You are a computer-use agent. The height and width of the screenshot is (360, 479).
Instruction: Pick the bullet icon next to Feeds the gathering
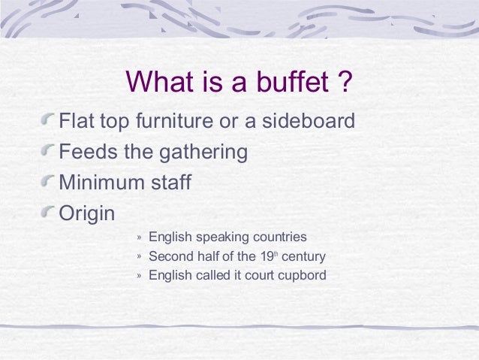click(x=50, y=150)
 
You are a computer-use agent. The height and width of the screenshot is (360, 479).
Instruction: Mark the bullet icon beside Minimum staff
click(x=50, y=182)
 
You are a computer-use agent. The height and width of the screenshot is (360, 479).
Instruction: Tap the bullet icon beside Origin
click(x=50, y=213)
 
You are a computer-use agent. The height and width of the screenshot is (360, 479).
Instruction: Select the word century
click(x=305, y=256)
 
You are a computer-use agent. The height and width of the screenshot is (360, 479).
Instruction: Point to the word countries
click(x=279, y=237)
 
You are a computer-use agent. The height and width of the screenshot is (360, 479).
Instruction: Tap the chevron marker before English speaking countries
click(x=139, y=237)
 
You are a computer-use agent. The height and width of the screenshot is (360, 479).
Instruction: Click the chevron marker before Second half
click(x=139, y=256)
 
